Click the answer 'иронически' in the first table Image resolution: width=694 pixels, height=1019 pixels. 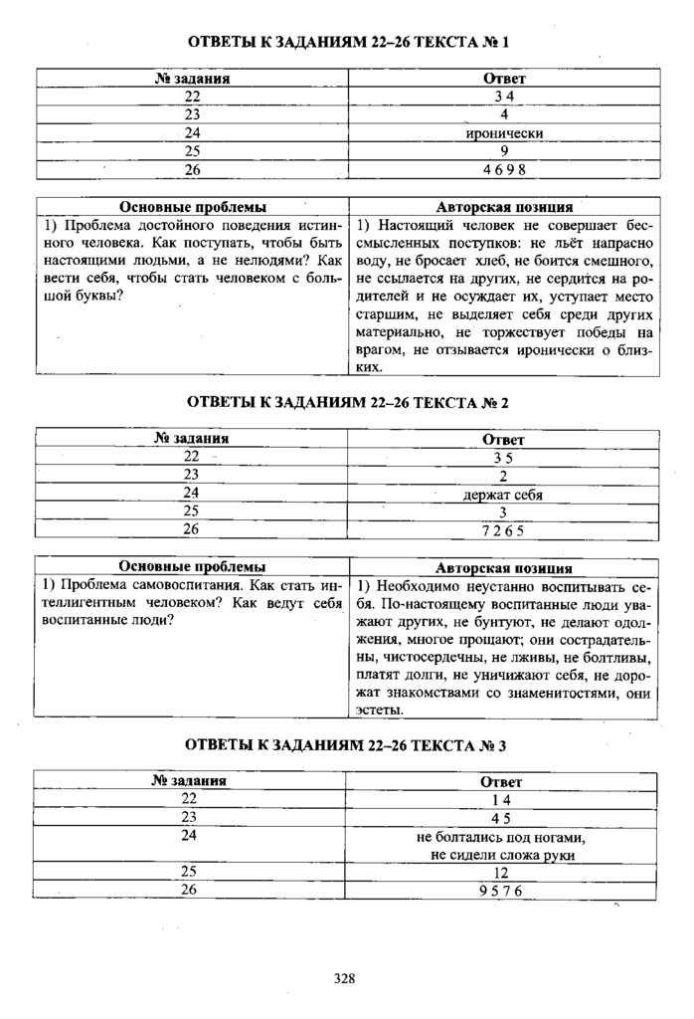click(x=504, y=132)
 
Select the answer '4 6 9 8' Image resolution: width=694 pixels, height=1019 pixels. click(x=504, y=170)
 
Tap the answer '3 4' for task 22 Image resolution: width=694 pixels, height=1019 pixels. click(x=504, y=96)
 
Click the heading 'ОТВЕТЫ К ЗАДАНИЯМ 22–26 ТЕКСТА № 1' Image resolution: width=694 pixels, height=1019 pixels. click(x=348, y=43)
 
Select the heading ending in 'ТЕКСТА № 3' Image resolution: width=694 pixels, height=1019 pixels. click(x=348, y=744)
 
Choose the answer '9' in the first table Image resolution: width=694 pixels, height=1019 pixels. click(x=504, y=151)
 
